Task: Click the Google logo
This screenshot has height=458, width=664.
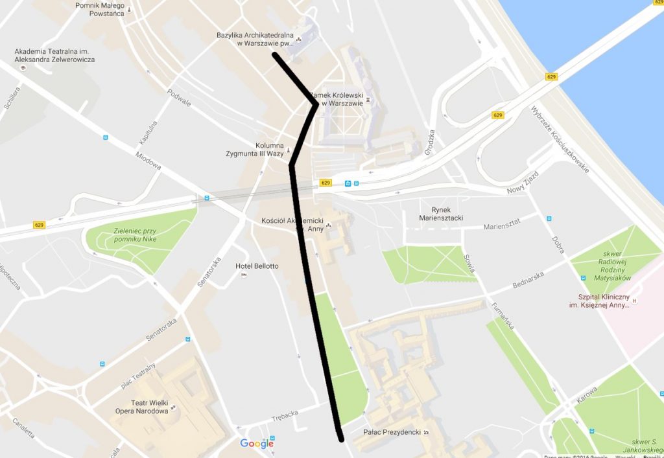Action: [x=257, y=443]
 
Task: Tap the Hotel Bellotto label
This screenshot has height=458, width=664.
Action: [x=257, y=266]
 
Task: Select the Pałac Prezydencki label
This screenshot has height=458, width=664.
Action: [x=392, y=432]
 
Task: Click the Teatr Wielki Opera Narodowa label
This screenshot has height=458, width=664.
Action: [x=150, y=407]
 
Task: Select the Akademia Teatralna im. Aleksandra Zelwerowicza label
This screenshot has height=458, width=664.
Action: [x=54, y=55]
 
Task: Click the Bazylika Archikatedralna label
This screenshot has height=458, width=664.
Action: [x=255, y=39]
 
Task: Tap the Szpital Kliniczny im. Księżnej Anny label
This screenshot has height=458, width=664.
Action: [x=599, y=301]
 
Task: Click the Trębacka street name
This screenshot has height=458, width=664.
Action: [x=285, y=413]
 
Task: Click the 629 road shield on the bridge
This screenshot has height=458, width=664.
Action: [x=552, y=76]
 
